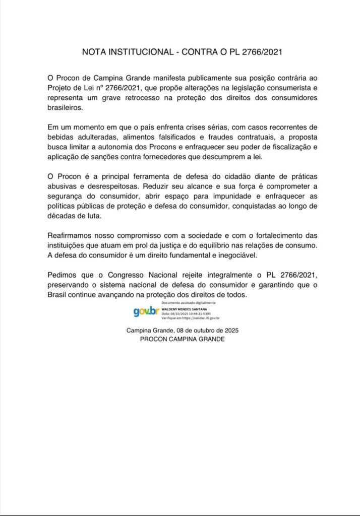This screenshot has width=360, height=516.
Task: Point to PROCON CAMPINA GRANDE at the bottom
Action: (x=182, y=340)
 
